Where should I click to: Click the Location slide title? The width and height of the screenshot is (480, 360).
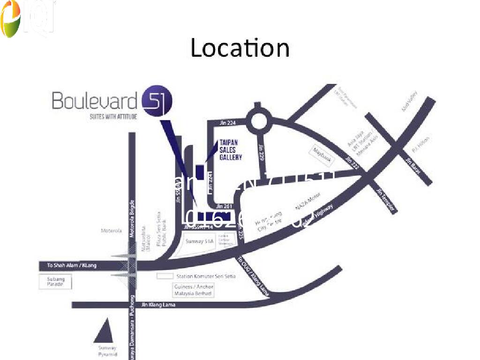coord(240,48)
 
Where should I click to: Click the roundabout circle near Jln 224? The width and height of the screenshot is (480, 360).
coord(259,122)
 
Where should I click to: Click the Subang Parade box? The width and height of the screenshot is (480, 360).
coord(55,282)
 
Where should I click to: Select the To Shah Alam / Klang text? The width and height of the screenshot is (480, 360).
coord(71,266)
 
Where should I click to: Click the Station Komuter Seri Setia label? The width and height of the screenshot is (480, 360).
coord(206,276)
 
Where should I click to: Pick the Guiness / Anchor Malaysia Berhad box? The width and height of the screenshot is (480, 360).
coord(194,290)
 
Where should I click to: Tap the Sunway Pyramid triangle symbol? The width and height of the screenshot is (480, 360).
coord(104,331)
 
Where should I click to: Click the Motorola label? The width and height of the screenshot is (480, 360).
coord(111,231)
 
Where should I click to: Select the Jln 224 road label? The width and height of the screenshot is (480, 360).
coord(227,123)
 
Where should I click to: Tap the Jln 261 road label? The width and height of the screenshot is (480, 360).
coord(224,206)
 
